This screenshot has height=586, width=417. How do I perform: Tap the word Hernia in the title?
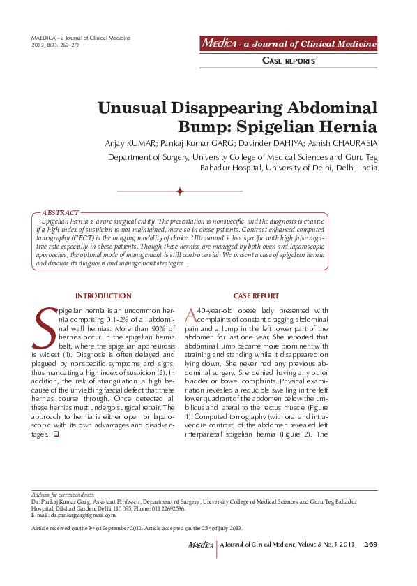(339, 128)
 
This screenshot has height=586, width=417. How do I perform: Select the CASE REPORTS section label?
(288, 61)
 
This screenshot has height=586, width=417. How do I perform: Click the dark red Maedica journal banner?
(288, 44)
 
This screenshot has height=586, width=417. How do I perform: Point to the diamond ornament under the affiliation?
(179, 191)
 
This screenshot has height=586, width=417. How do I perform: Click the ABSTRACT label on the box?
(61, 212)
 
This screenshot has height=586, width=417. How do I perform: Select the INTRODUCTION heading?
(103, 296)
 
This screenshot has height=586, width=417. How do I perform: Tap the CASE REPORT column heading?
(256, 296)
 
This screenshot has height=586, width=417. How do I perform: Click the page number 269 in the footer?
(370, 545)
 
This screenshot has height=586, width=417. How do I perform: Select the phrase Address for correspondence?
(63, 495)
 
